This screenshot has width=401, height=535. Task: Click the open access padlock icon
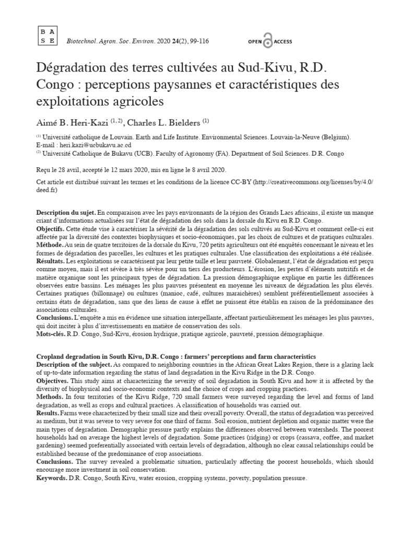click(268, 42)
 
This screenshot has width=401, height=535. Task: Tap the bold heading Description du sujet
click(66, 214)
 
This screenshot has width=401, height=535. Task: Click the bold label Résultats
click(50, 259)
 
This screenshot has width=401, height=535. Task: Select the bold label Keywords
click(52, 479)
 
